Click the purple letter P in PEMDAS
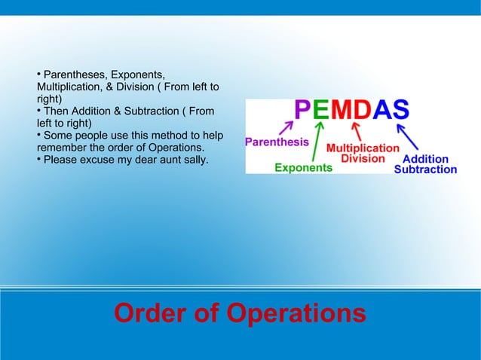[302, 111]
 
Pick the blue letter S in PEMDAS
[400, 111]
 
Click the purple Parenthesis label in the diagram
[277, 142]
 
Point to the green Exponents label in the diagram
[302, 168]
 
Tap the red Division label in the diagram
[366, 159]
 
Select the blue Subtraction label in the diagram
[425, 169]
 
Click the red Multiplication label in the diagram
[363, 148]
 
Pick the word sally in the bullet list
[195, 160]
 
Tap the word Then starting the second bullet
[57, 111]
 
